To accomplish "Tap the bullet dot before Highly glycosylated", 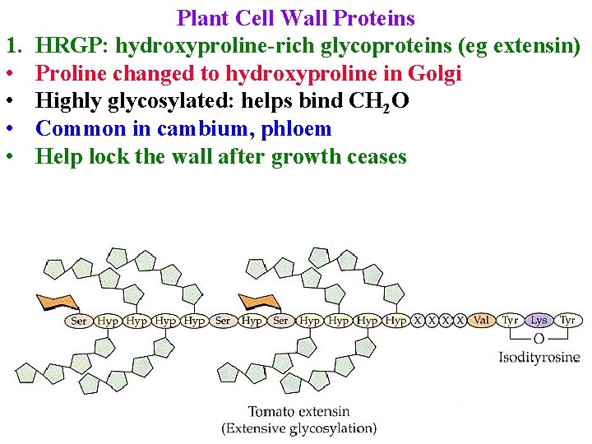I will tap(12, 101).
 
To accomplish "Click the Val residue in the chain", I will tap(482, 320).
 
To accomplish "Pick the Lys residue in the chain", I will tap(539, 320).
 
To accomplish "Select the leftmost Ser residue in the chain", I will tap(79, 321).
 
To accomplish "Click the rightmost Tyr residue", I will tap(567, 320).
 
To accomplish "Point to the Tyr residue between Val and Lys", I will tap(511, 320).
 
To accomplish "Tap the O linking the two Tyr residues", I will tap(539, 338).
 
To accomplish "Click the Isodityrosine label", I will tap(539, 357).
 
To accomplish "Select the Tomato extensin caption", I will tap(298, 411).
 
